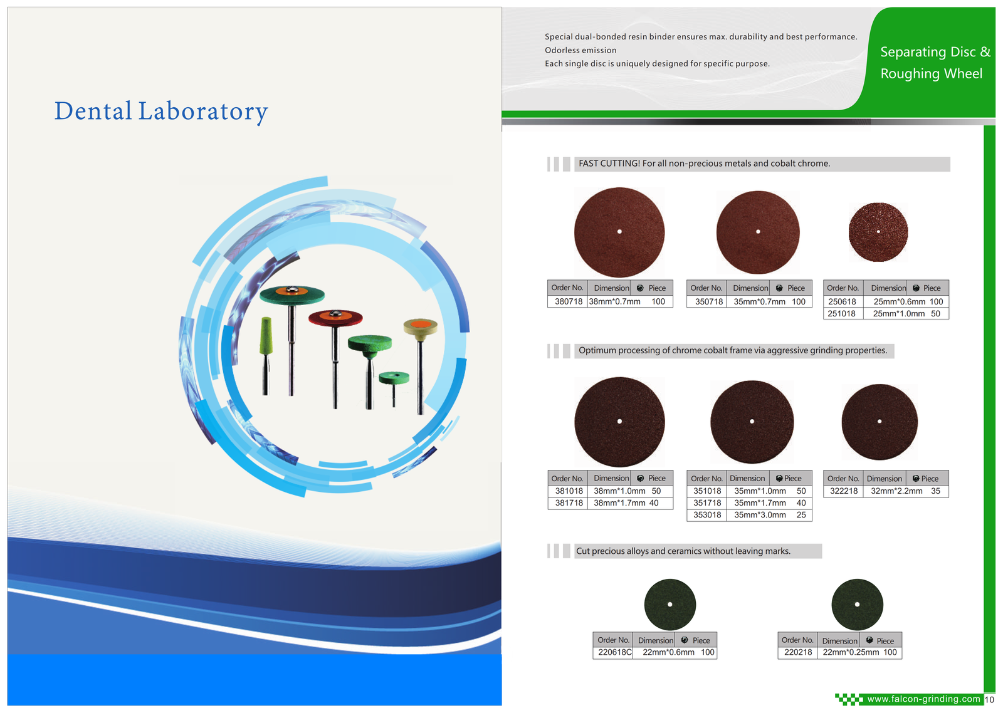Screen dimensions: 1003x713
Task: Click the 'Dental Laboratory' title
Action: tap(161, 111)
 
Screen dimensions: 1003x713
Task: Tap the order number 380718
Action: tap(568, 301)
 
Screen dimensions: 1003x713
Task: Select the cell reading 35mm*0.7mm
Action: tap(759, 301)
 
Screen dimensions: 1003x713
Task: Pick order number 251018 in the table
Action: tap(841, 314)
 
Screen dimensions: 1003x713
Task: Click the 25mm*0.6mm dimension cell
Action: tap(899, 301)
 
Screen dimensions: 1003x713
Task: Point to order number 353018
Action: tap(707, 515)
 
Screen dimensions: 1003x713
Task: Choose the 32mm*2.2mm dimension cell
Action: tap(896, 491)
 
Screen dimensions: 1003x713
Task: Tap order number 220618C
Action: tap(615, 653)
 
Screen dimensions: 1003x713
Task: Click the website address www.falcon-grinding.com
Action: tap(923, 699)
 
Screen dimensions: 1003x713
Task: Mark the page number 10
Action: tap(989, 700)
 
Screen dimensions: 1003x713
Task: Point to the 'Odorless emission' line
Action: tap(580, 50)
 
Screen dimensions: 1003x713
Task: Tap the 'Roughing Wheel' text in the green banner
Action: tap(932, 73)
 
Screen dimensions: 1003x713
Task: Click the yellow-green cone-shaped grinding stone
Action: tap(266, 336)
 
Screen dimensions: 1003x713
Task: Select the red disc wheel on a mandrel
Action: tap(335, 318)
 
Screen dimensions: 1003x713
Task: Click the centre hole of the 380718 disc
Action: tap(619, 231)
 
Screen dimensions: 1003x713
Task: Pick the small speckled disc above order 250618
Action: tap(878, 232)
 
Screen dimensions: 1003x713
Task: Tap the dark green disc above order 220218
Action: tap(857, 604)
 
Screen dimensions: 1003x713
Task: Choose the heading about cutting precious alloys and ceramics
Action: tap(683, 551)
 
